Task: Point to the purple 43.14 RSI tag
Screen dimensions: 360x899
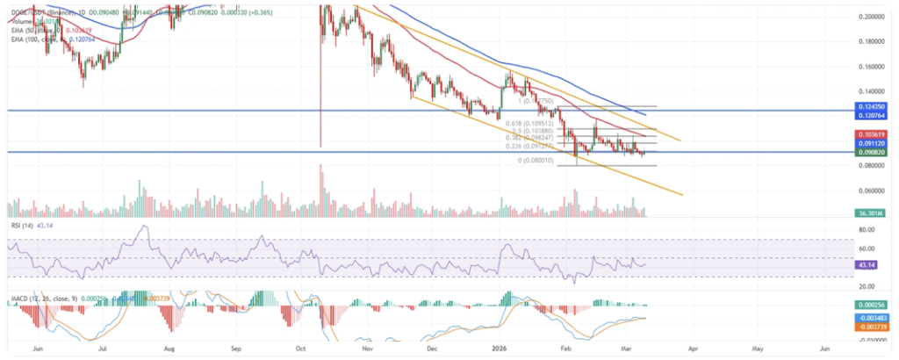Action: coord(869,264)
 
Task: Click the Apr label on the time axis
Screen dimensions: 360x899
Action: coord(694,349)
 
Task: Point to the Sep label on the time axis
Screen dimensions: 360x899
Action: coord(235,349)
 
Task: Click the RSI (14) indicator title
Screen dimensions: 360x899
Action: coord(22,227)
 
